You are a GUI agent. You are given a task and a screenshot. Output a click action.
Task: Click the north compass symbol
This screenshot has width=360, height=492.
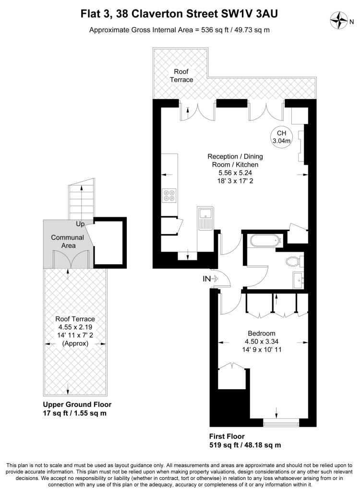(x=339, y=20)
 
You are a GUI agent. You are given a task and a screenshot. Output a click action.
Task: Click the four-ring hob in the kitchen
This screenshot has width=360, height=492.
(x=169, y=195)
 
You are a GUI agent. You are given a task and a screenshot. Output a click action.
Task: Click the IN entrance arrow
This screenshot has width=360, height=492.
(x=210, y=278)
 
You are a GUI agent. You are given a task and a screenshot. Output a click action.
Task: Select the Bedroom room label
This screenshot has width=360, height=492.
(x=262, y=333)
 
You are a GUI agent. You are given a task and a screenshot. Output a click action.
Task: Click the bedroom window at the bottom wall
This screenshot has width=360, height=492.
(x=281, y=423)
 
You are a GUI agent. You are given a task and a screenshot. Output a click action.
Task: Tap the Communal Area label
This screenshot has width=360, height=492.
(x=68, y=242)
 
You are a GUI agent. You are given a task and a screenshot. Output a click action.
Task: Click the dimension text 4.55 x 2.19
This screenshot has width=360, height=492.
(x=75, y=327)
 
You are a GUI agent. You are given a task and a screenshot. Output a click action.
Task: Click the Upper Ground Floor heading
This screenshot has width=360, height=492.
(x=77, y=405)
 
